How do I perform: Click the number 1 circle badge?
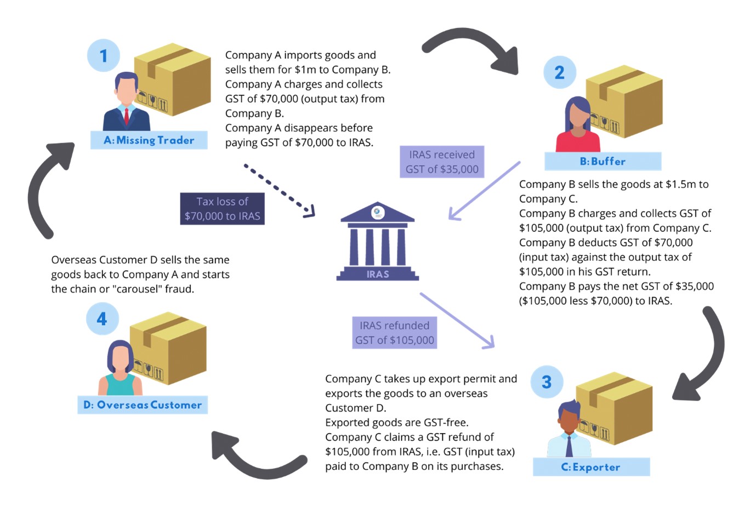point(103,56)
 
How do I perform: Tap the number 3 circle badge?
point(547,382)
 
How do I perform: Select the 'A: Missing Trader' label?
point(149,140)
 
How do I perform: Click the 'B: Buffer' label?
point(602,161)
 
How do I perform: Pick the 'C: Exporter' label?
point(591,467)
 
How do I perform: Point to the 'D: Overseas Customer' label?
point(143,405)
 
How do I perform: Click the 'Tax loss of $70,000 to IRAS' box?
point(222,209)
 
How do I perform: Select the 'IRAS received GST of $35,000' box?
point(442,162)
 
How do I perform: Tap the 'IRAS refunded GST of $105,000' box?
point(394,333)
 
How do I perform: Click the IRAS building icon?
point(378,241)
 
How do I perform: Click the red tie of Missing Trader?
point(127,117)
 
